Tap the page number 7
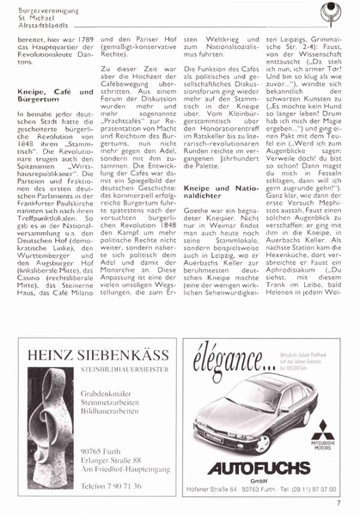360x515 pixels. [x=339, y=504]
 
